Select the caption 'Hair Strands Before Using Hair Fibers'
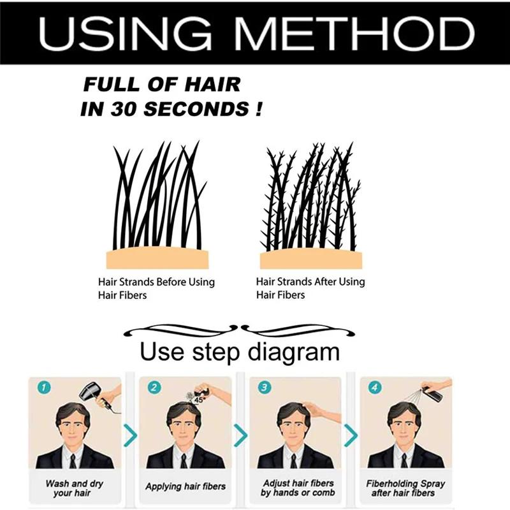[x=156, y=288]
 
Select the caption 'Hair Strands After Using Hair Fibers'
[x=310, y=288]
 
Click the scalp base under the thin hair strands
[x=157, y=258]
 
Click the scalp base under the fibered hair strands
[x=310, y=259]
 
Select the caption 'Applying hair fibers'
[x=185, y=486]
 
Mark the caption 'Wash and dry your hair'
[x=75, y=488]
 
